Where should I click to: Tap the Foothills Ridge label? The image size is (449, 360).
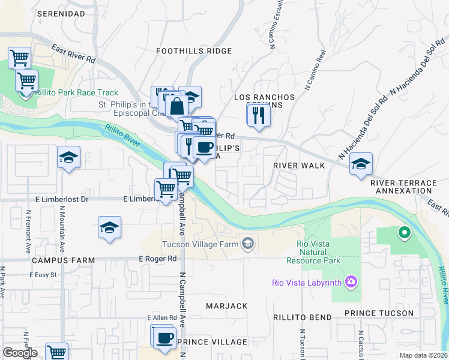[x=194, y=51]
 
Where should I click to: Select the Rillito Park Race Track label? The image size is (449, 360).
[x=76, y=93]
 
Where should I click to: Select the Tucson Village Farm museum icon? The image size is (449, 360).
[x=247, y=244]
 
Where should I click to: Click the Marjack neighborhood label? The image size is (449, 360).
[x=227, y=306]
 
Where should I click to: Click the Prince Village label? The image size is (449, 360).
[x=212, y=342]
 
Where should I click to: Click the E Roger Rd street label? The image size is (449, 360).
[x=158, y=259]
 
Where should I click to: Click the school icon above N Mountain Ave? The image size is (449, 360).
[x=69, y=158]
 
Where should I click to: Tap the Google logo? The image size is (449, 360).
[x=20, y=353]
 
